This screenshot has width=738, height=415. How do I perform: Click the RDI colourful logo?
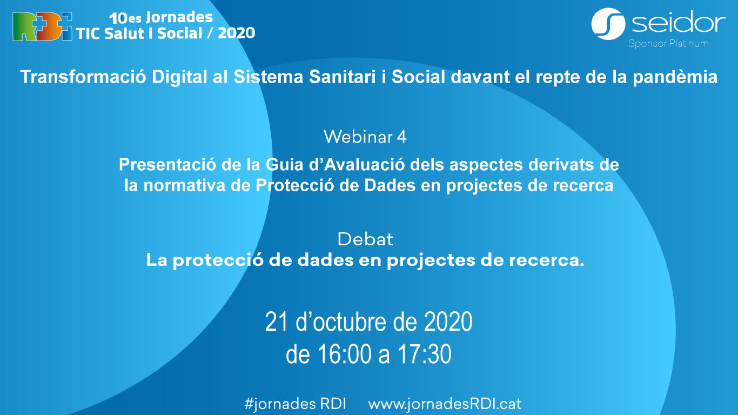pos(42,26)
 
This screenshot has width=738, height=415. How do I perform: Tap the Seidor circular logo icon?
pos(608,24)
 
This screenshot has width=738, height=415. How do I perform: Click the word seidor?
pos(679,22)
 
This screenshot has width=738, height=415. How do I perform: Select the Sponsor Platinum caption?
pos(668,44)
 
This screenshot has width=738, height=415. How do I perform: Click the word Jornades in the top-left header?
pos(179,17)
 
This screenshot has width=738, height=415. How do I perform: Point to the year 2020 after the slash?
pos(236,34)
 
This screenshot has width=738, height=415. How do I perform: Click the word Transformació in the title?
pos(83,77)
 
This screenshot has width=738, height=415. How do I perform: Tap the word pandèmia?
pos(675,77)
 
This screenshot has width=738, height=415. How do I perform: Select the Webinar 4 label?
pos(365,137)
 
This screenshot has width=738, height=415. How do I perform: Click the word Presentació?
pos(167,164)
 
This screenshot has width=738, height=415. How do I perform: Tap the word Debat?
pos(365,239)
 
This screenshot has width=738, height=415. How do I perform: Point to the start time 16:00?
pos(345,354)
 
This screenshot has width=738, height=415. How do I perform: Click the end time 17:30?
pos(424,354)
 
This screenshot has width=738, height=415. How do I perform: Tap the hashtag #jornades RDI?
pos(295,404)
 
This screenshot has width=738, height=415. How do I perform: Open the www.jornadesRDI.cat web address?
pos(445,404)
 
